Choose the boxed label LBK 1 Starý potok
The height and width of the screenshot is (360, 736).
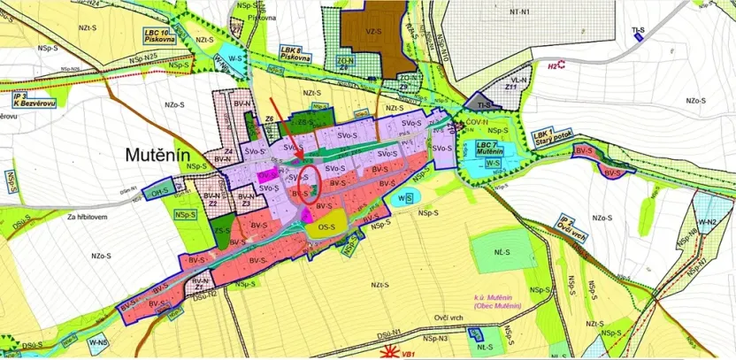(x=554, y=138)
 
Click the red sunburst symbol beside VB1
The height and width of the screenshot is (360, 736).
(x=388, y=351)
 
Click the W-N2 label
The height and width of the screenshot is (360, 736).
(x=706, y=220)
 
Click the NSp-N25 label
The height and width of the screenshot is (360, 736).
(x=140, y=57)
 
